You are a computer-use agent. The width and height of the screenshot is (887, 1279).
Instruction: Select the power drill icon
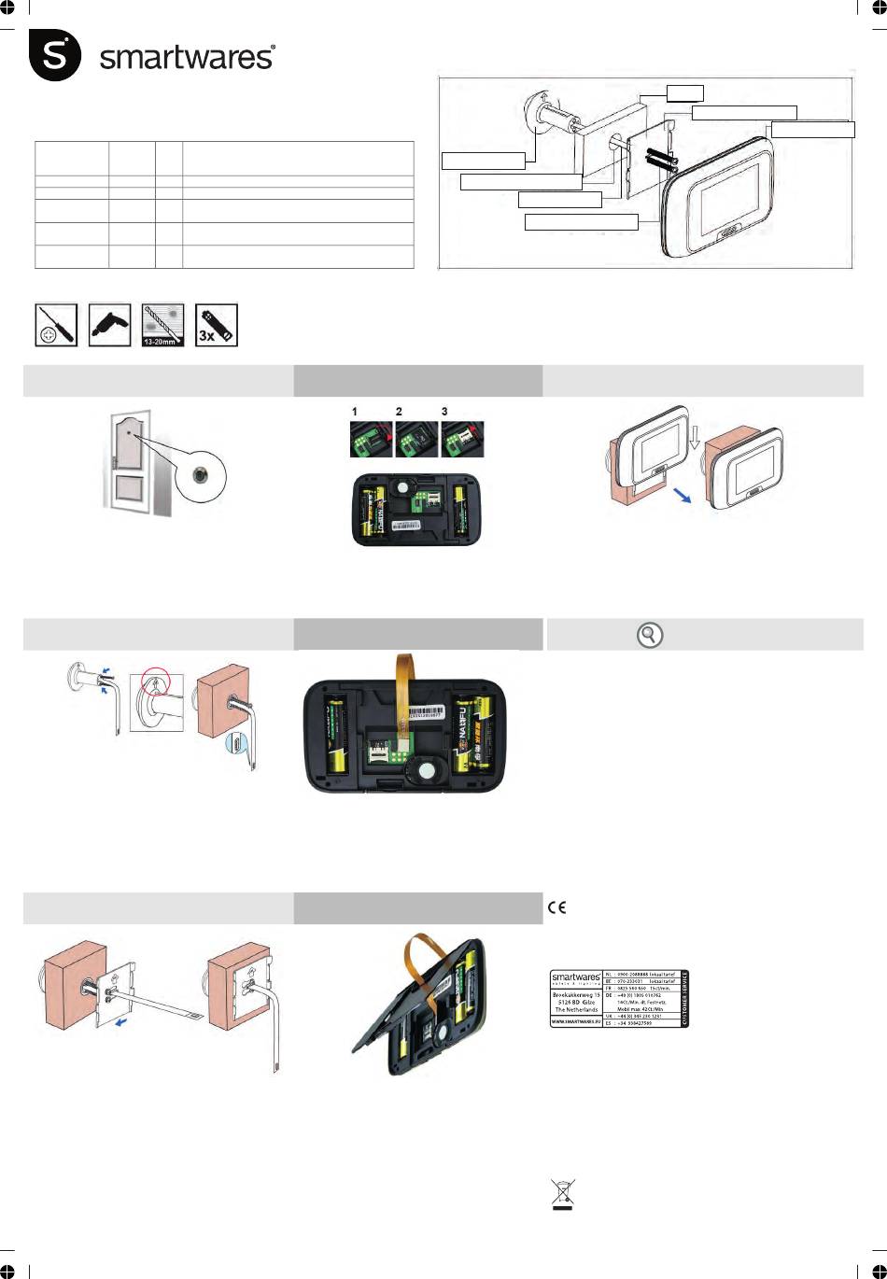click(x=110, y=325)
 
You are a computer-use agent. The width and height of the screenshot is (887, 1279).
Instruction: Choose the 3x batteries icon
click(x=217, y=325)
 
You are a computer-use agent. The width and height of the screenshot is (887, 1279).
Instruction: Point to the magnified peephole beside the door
click(x=200, y=476)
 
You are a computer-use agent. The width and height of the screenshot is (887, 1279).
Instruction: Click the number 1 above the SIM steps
click(x=355, y=411)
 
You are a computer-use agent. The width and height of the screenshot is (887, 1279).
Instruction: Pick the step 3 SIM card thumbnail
click(x=462, y=439)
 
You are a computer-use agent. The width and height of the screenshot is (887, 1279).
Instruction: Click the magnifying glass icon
click(x=650, y=636)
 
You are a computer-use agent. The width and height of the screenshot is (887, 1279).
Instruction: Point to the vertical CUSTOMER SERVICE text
click(x=684, y=998)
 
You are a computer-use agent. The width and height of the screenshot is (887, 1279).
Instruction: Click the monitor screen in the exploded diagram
click(x=736, y=199)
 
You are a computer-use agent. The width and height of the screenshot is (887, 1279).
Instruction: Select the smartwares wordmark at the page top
click(x=187, y=58)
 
